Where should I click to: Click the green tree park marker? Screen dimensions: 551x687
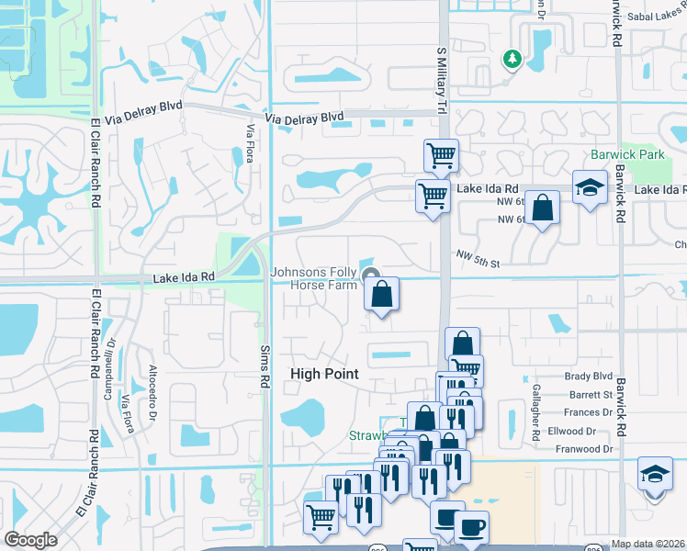click(x=512, y=60)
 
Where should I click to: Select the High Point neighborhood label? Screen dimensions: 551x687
click(x=324, y=374)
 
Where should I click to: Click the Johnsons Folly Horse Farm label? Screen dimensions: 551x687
click(x=313, y=278)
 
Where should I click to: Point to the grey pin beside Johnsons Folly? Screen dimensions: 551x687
click(x=372, y=275)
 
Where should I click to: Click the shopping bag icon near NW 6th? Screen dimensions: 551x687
click(x=544, y=208)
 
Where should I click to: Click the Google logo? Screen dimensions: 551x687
click(x=30, y=540)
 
